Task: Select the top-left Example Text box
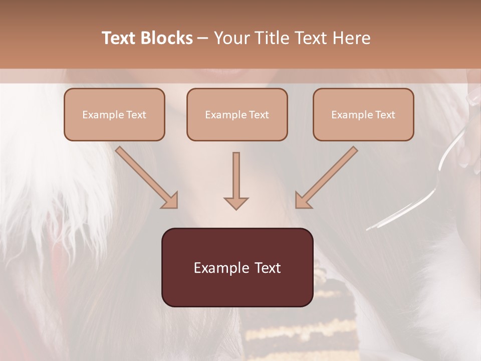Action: tap(114, 114)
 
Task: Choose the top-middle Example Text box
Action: tap(237, 114)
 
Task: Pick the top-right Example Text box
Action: tap(363, 114)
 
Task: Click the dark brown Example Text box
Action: tap(237, 267)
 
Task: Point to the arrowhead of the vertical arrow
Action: tap(236, 203)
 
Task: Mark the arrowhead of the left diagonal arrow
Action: tap(170, 200)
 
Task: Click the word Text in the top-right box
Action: tap(385, 115)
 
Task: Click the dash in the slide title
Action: tap(203, 38)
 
